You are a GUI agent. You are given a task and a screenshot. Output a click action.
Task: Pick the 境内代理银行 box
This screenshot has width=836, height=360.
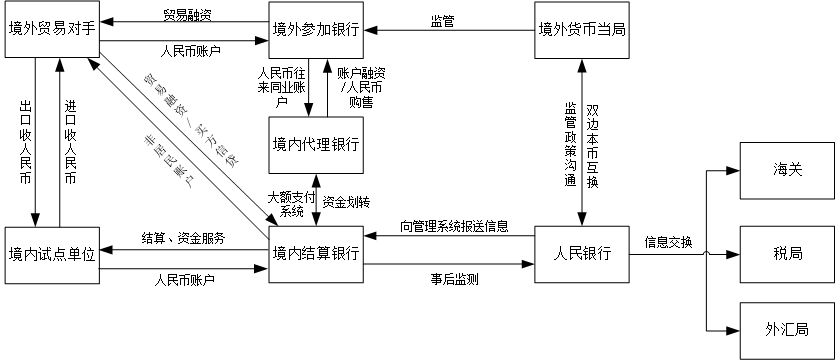316,143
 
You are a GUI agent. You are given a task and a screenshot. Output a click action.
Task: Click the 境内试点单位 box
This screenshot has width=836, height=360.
50,254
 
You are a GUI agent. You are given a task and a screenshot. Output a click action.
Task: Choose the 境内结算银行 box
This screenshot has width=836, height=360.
316,254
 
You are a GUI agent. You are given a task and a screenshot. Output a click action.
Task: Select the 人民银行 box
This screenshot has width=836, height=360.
582,254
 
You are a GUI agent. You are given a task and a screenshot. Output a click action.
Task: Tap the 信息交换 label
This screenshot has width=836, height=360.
669,242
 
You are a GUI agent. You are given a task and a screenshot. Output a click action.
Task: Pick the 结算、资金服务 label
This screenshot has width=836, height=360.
183,240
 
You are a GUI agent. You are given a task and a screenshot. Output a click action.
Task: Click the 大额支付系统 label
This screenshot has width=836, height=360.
291,203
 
